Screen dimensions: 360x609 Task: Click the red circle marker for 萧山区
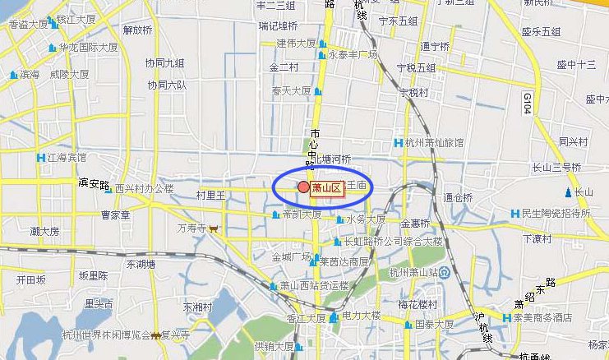point(303,188)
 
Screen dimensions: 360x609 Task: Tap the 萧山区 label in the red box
point(326,188)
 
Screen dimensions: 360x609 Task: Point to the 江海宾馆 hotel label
point(67,157)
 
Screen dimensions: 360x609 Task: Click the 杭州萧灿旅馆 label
point(434,142)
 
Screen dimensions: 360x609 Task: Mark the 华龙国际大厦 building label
point(89,47)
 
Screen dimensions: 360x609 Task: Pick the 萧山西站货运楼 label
point(315,286)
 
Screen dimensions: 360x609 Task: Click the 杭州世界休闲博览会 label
point(106,335)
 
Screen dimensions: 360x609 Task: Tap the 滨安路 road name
point(94,182)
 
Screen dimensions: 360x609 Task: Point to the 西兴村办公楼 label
point(144,188)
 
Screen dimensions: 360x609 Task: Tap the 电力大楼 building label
point(361,316)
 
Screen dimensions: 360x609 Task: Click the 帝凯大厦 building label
point(302,215)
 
